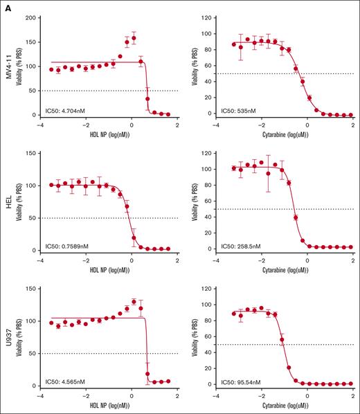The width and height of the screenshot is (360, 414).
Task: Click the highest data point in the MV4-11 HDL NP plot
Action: [x=134, y=38]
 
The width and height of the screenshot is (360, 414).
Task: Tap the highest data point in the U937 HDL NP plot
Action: [x=134, y=301]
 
